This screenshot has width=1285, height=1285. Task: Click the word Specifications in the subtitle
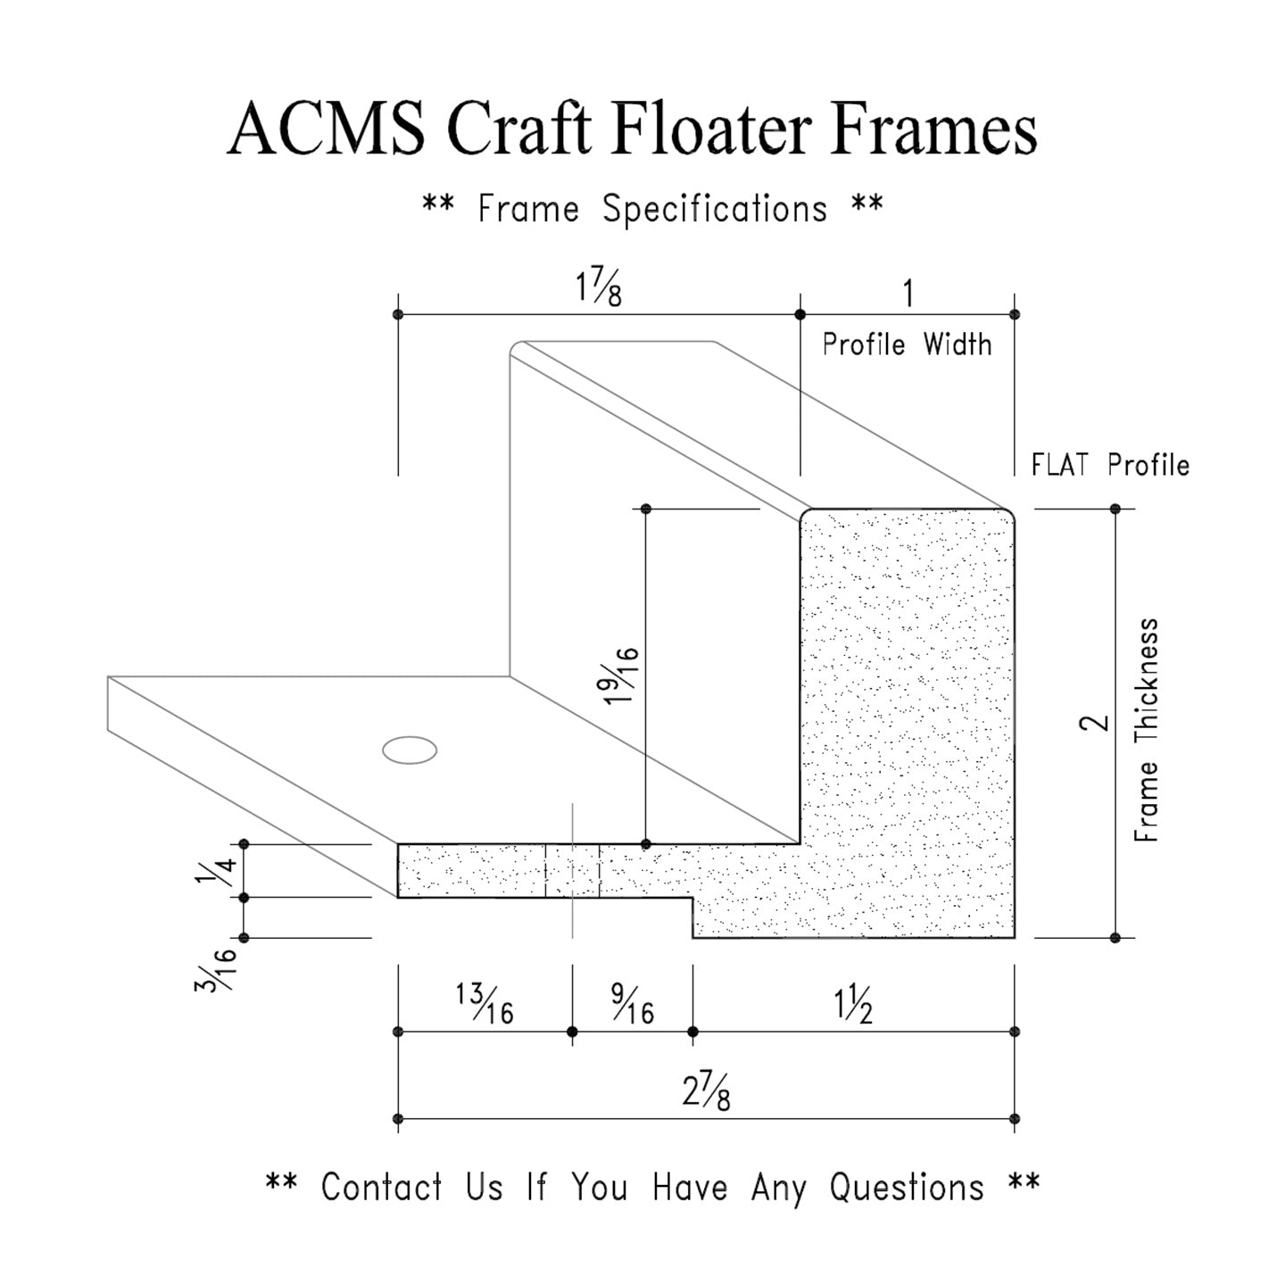point(715,210)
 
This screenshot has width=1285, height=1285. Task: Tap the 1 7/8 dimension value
point(598,289)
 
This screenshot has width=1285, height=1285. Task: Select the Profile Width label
point(907,344)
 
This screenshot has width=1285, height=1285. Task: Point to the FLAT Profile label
point(1110,465)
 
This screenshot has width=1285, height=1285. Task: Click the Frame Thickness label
point(1147,729)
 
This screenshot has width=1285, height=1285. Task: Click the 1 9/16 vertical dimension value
point(622,675)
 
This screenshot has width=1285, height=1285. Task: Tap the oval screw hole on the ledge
point(410,750)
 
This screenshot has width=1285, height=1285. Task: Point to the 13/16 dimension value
point(485,1004)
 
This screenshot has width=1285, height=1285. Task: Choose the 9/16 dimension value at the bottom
point(632,1004)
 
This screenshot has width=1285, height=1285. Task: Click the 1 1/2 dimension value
point(853,1006)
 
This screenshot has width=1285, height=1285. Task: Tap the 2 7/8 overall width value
point(706,1092)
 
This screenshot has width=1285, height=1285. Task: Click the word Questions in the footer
point(907,1188)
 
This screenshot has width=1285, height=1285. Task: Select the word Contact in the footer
point(382,1188)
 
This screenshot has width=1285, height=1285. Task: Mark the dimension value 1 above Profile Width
point(908,294)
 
